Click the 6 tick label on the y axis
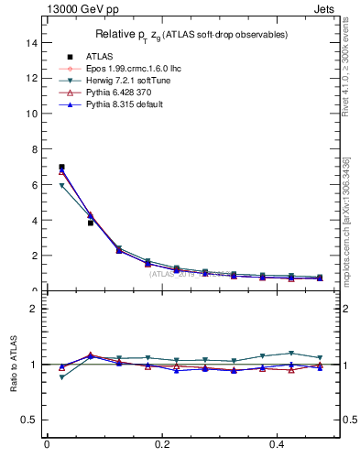click(34, 184)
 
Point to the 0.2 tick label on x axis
click(162, 445)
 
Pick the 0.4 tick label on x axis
click(278, 445)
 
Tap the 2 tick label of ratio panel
click(34, 309)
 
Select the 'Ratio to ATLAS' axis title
click(14, 364)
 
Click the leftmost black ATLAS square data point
click(61, 167)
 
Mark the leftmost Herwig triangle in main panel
click(61, 186)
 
